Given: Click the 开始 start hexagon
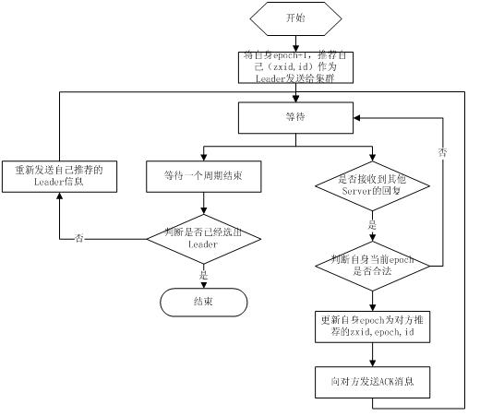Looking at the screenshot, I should (x=294, y=18).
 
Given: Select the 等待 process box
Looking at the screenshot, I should (x=294, y=118).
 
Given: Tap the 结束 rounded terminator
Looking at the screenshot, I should (x=203, y=302).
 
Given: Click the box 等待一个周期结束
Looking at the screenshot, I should (x=203, y=175).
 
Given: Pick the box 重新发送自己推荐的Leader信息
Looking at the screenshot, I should (x=59, y=175).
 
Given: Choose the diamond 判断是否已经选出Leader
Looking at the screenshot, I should (x=203, y=238).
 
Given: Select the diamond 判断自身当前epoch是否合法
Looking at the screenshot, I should (x=372, y=267).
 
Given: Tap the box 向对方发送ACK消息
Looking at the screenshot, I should (x=372, y=381).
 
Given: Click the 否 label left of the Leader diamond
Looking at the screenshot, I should (x=78, y=238).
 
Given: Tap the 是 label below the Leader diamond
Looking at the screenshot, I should (x=203, y=274).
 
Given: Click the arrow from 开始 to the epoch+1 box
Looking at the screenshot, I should (x=294, y=42).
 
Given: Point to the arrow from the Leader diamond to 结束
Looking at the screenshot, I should (x=203, y=278).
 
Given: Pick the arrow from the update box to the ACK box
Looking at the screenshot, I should (x=372, y=356).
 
